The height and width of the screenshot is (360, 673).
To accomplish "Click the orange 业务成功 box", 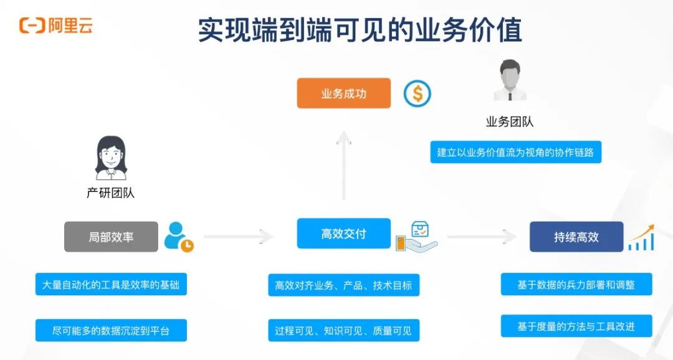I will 343,93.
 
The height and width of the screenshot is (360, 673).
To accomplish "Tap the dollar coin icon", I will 417,93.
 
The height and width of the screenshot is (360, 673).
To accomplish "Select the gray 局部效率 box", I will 111,237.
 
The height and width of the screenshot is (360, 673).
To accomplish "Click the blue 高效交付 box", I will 343,234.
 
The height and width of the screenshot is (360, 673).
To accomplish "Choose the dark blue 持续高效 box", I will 576,237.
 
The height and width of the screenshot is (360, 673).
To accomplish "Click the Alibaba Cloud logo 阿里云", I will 56,26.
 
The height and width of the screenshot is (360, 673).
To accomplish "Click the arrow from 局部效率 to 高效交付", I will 239,237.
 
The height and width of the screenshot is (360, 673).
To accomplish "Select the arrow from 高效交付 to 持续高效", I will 482,237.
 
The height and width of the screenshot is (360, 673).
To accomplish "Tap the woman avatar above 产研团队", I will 111,158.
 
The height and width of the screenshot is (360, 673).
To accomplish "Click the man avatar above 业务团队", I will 510,81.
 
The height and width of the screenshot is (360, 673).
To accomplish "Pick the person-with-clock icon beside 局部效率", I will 178,237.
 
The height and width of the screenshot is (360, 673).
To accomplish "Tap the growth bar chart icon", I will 641,237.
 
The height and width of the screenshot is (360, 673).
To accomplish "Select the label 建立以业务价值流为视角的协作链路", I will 515,153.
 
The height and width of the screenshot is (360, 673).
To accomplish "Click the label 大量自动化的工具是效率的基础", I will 111,285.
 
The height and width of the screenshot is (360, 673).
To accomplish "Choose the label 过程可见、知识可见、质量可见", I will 343,331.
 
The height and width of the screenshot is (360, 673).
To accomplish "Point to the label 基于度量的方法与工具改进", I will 576,326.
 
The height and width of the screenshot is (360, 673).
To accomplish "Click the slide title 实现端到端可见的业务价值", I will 360,29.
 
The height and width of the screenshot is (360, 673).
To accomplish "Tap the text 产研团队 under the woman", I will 110,193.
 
